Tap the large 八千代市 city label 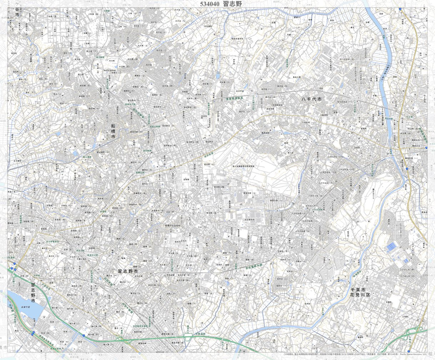point(312,99)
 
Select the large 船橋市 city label point(113,131)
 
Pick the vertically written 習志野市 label point(33,293)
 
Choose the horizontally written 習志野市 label point(128,272)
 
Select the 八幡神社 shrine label point(324,115)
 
